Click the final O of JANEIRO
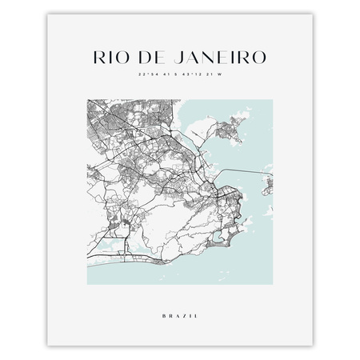[258, 58]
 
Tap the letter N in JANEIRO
[210, 58]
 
